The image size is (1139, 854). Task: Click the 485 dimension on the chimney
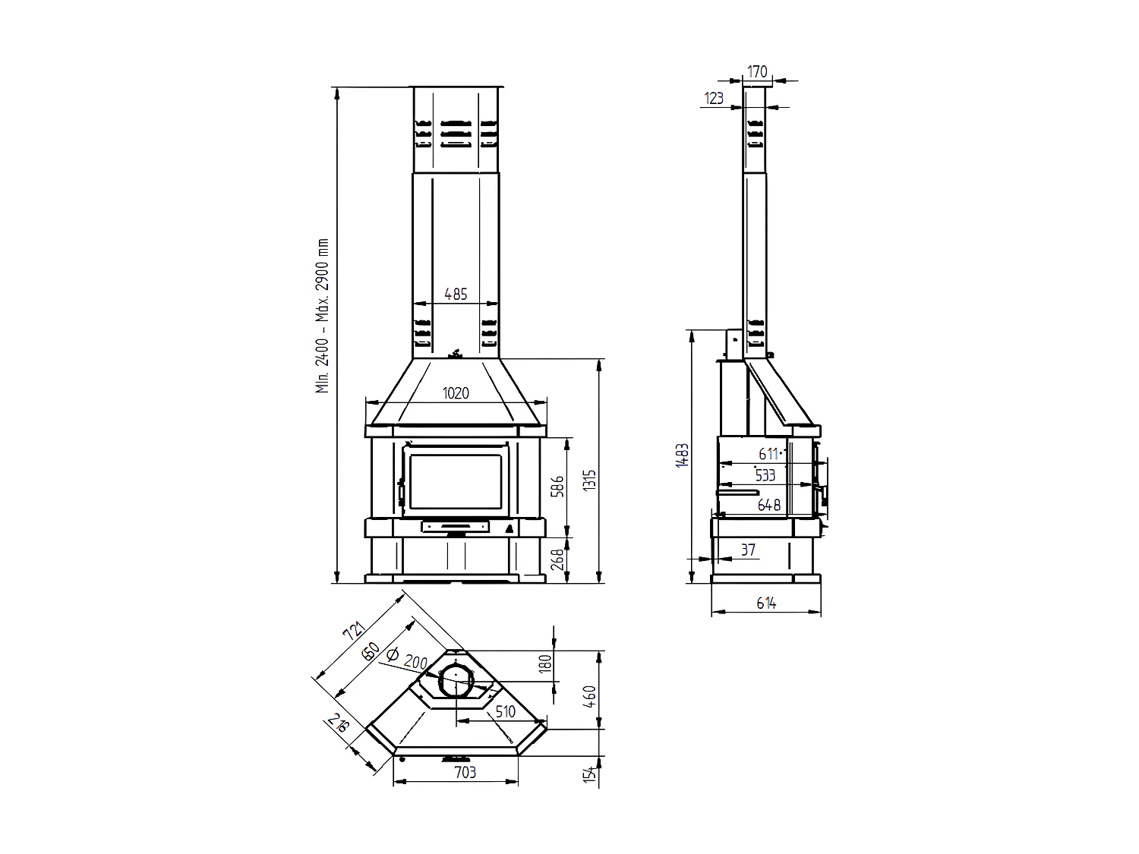click(x=456, y=294)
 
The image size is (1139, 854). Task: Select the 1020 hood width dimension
click(x=456, y=393)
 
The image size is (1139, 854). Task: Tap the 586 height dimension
click(x=558, y=487)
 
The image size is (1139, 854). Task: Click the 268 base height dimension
click(x=558, y=561)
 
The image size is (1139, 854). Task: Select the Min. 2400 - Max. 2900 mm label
click(x=323, y=316)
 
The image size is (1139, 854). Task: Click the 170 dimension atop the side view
click(x=757, y=72)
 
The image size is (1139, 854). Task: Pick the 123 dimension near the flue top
click(x=714, y=98)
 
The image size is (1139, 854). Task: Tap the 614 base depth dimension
click(x=766, y=603)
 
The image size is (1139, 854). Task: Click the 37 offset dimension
click(x=748, y=550)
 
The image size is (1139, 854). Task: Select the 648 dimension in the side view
click(x=769, y=504)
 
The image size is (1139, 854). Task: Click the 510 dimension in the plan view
click(x=504, y=711)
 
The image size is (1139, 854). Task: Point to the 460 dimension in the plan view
click(x=590, y=695)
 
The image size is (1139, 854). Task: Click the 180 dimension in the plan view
click(x=543, y=664)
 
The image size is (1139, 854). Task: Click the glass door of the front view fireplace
click(x=456, y=481)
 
